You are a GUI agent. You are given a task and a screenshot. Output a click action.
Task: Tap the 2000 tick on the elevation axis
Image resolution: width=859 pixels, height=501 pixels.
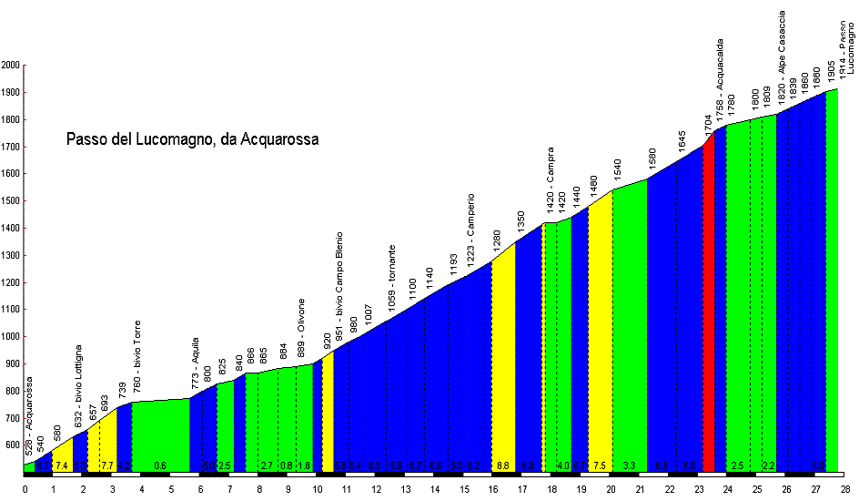coord(11,66)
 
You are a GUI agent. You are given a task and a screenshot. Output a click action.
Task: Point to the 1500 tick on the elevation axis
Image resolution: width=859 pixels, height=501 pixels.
coord(11,201)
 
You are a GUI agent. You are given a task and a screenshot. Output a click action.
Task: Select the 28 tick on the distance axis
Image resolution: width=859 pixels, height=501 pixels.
coord(845,489)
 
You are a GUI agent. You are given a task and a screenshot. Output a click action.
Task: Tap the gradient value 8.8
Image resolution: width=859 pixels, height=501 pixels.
coord(503,466)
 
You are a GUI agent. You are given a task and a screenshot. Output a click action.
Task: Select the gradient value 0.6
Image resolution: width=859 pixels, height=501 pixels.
coord(160,466)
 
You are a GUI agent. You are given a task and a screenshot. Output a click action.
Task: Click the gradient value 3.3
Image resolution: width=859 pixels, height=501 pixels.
coord(629,466)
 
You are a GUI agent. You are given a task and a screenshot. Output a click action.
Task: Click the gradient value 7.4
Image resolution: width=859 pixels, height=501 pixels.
coord(62,466)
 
